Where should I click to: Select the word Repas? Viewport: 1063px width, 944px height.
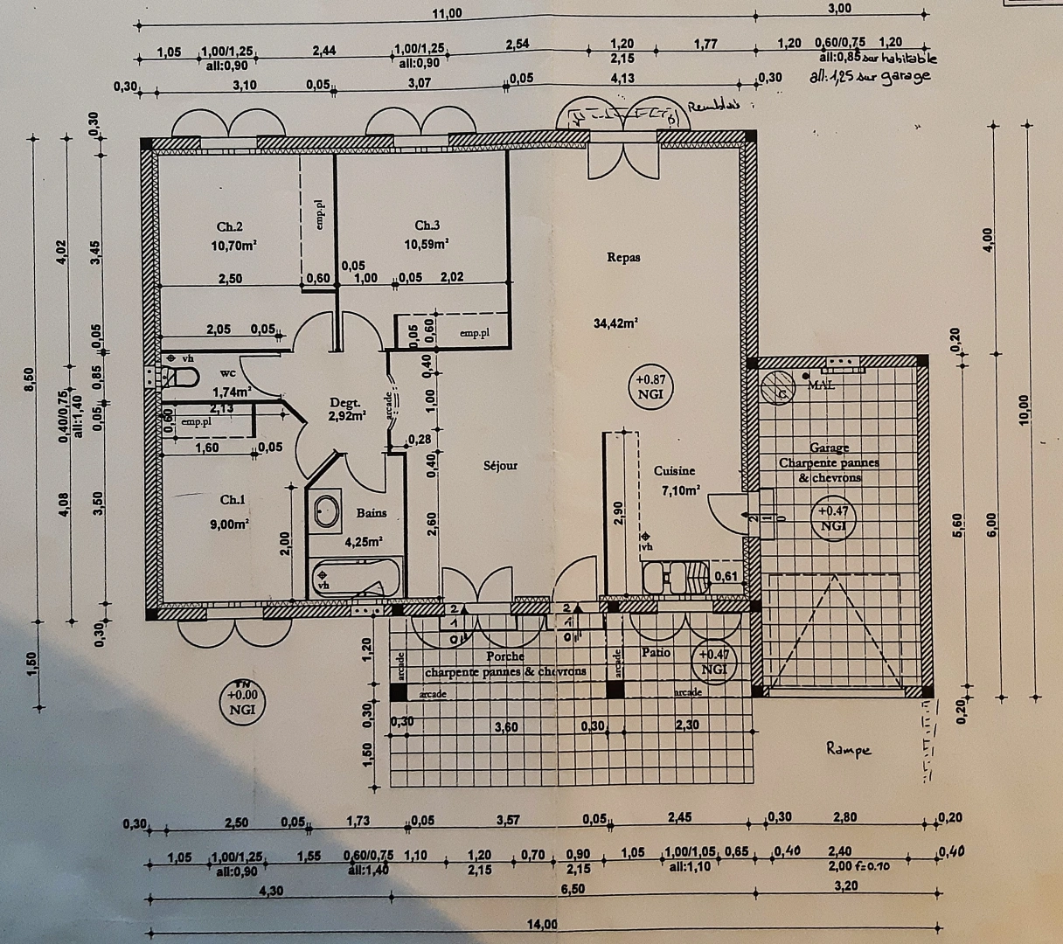coord(623,257)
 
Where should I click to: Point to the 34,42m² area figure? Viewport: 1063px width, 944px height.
coord(615,323)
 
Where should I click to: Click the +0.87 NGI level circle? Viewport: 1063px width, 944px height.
coord(650,386)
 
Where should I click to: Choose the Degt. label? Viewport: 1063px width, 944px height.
coord(344,403)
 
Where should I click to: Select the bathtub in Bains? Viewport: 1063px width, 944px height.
coord(355,578)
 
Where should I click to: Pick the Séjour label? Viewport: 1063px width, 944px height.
coord(500,466)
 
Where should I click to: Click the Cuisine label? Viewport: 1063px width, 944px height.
coord(674,470)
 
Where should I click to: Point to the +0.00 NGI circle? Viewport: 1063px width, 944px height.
coord(242,702)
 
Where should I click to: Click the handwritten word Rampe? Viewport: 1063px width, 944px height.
coord(849,749)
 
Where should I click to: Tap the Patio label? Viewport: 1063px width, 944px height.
coord(656,652)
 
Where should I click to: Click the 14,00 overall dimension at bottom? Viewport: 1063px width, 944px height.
coord(542,925)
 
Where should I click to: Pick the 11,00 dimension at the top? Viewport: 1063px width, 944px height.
coord(447,12)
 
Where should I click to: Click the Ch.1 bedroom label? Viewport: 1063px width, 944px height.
coord(233,500)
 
